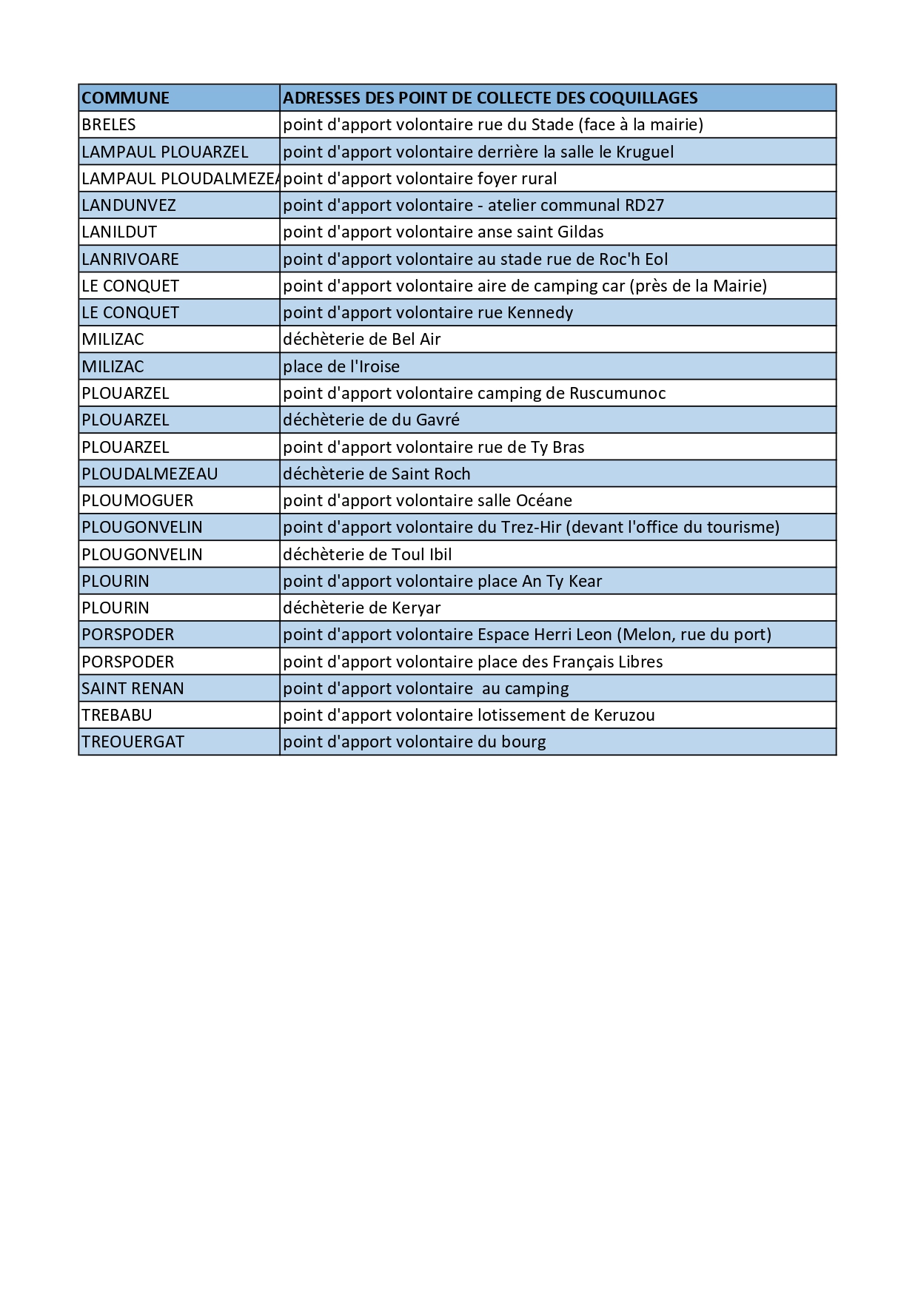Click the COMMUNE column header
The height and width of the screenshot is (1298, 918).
(x=125, y=98)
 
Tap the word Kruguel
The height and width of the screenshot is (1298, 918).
(x=645, y=152)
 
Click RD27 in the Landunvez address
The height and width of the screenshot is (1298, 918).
(x=645, y=205)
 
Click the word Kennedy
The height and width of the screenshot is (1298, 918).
(x=540, y=312)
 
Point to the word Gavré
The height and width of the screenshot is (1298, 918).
(x=438, y=420)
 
